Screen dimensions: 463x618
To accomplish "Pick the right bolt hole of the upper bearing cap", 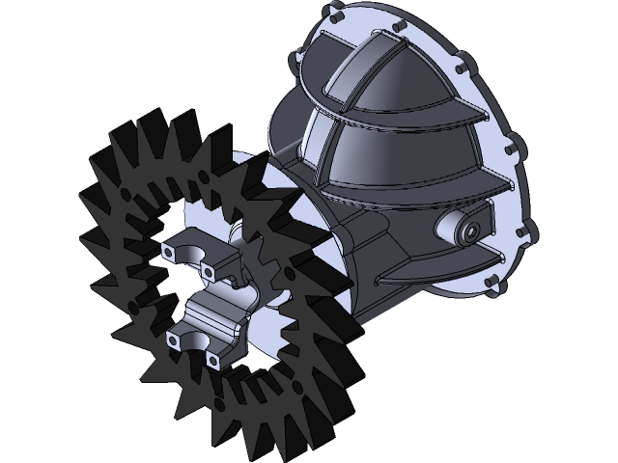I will point(207,273).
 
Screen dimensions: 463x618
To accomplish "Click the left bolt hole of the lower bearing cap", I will point(175,338).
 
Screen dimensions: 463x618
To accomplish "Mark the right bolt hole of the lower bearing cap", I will point(212,361).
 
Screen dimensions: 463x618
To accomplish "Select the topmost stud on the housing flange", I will point(334,17).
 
